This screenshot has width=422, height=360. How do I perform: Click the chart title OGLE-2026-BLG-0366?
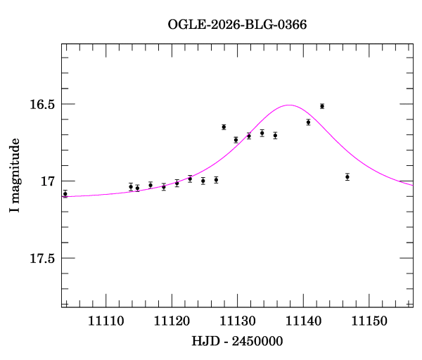[x=237, y=24]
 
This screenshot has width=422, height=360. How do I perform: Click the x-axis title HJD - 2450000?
[x=237, y=341]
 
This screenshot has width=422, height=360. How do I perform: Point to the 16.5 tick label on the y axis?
[x=41, y=104]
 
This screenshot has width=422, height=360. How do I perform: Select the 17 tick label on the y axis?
[x=48, y=181]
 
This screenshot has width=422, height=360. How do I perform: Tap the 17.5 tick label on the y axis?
[x=41, y=259]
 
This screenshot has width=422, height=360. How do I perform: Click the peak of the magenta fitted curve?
[x=289, y=105]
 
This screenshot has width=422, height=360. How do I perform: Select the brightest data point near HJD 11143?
[x=321, y=106]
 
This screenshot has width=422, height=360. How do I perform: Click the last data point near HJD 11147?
[x=347, y=176]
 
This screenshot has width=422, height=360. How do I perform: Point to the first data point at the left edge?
[x=65, y=193]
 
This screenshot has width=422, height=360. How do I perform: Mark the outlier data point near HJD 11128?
[x=224, y=127]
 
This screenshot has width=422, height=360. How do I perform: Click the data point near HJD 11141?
[x=308, y=122]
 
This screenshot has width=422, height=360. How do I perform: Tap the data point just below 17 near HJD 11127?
[x=216, y=180]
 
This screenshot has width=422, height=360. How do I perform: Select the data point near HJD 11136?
[x=275, y=135]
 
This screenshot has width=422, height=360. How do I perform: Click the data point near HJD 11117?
[x=151, y=185]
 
